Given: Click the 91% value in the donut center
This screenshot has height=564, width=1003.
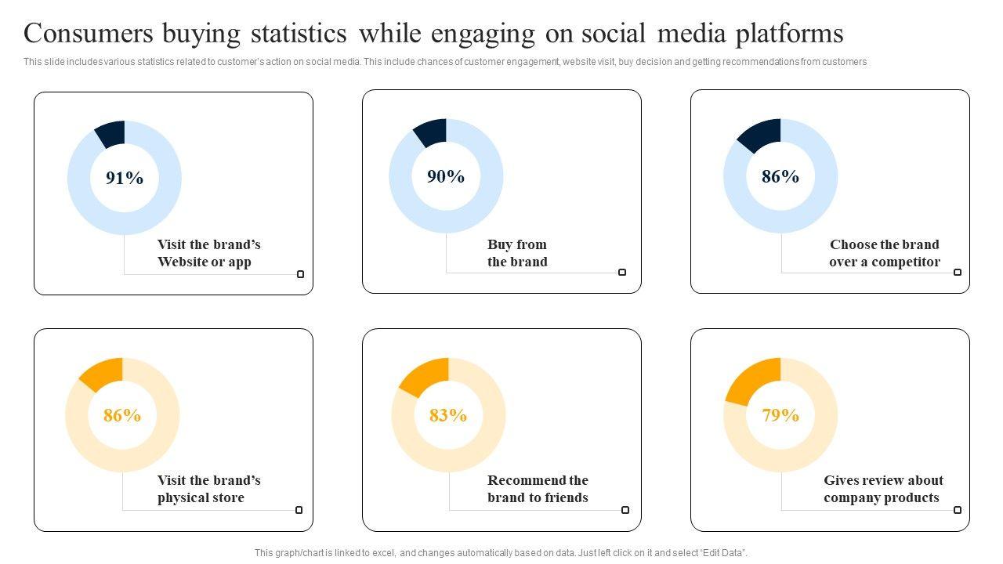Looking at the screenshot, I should [x=125, y=179].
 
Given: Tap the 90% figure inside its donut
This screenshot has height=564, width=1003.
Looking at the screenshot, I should [x=446, y=177].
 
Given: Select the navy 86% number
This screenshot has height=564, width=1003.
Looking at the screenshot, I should [x=780, y=177].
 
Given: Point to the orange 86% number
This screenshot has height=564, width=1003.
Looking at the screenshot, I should [x=122, y=415].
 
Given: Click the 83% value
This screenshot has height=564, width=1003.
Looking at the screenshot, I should [x=448, y=415].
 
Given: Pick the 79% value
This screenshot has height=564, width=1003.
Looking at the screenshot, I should [x=780, y=415].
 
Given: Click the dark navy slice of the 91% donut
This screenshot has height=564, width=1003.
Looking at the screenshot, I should [x=111, y=134].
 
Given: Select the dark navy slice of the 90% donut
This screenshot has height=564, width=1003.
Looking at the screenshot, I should [x=432, y=132].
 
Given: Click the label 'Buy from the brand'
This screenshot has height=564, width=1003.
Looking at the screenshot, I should [x=517, y=253].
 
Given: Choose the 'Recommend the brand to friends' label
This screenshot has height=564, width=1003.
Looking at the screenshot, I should [x=538, y=489].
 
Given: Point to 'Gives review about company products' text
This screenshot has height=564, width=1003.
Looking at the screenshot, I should [x=883, y=489].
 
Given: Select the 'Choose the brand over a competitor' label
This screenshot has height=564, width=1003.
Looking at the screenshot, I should [x=885, y=253].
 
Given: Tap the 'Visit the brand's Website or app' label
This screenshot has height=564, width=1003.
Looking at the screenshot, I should [x=208, y=253].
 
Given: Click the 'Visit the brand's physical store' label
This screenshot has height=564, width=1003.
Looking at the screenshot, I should [x=208, y=489].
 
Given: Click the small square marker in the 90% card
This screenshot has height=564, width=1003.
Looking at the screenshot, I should [x=622, y=273].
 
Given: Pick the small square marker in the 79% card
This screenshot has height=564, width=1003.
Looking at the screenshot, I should [x=958, y=510].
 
